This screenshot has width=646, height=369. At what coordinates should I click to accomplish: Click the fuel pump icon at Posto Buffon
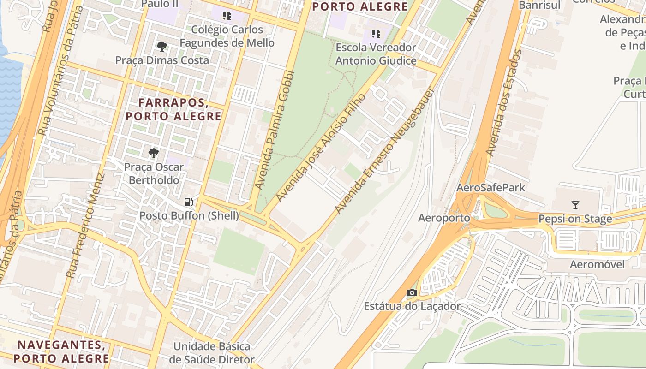[188, 202]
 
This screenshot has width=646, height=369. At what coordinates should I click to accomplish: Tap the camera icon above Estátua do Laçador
[412, 292]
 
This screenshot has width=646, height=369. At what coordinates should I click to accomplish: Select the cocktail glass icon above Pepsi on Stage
[575, 205]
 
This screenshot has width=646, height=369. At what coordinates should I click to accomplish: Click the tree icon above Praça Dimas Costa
[161, 46]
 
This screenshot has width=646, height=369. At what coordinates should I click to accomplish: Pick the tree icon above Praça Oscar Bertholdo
[153, 153]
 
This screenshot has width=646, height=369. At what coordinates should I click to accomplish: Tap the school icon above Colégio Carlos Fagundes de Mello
[227, 16]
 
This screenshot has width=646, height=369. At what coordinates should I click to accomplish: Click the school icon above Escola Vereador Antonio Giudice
[376, 33]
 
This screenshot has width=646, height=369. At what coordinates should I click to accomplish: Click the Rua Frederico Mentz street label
[85, 225]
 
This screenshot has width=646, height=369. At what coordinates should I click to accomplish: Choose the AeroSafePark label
[491, 188]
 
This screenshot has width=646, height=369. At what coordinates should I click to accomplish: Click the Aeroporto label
[444, 218]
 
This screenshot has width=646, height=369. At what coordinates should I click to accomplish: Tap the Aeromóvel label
[597, 264]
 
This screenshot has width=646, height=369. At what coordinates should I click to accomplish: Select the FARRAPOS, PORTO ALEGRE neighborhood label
[173, 109]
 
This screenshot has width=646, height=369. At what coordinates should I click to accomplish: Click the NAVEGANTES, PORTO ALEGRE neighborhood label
[61, 351]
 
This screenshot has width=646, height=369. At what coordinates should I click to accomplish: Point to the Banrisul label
[539, 5]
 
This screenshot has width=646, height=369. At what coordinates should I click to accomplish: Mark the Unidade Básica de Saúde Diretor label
[211, 353]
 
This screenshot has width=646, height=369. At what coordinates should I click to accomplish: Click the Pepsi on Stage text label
[575, 219]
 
